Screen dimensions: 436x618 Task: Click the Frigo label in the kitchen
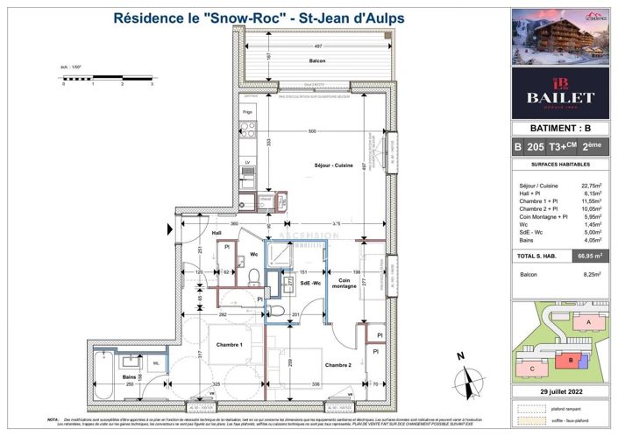[x=248, y=112]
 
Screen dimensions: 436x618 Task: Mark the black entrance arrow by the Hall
[x=169, y=230]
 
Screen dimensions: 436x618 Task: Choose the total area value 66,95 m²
[x=589, y=257]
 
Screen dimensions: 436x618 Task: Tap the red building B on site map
[x=571, y=360]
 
